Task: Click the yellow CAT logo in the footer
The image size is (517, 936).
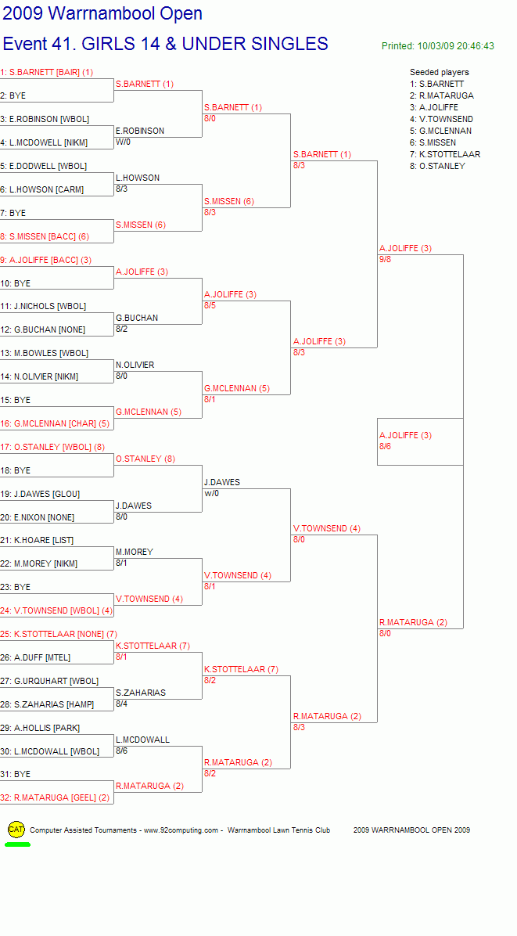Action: coord(16,829)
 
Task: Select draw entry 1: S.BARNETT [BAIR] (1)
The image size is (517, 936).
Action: coord(46,72)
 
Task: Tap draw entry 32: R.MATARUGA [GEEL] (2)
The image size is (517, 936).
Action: coord(55,797)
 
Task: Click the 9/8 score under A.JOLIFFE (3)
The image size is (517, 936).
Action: coord(386,259)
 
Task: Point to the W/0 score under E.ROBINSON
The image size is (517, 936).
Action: coord(123,142)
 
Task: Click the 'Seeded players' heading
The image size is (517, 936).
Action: coord(440,72)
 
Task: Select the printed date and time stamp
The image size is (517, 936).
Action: coord(438,46)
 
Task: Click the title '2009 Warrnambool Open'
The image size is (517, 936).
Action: coord(102,13)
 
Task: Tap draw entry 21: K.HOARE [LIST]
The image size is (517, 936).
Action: coord(37,540)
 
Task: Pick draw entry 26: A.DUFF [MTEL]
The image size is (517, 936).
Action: coord(35,657)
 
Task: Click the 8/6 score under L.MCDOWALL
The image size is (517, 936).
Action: coord(122,751)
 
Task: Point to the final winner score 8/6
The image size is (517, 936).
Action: coord(386,447)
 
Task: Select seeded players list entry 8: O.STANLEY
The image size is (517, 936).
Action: coord(438,166)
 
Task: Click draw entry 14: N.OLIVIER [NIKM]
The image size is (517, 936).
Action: coord(39,376)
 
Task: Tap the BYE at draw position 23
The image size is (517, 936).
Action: coord(16,587)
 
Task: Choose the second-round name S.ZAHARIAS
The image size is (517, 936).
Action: coord(141,693)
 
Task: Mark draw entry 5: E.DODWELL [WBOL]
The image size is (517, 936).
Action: coord(44,166)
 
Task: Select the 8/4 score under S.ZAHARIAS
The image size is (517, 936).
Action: coord(122,704)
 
